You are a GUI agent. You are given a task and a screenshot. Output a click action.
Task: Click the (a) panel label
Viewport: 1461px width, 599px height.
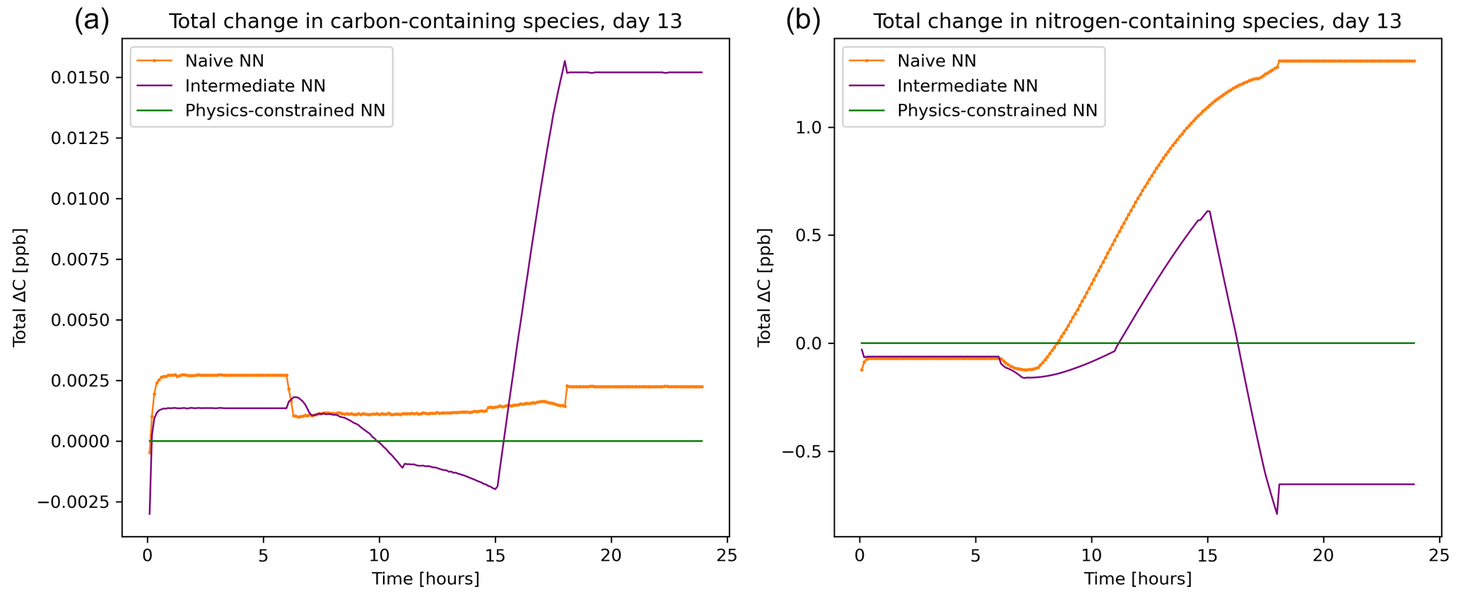pos(92,20)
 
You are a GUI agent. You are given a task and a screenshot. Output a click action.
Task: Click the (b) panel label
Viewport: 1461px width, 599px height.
pos(803,20)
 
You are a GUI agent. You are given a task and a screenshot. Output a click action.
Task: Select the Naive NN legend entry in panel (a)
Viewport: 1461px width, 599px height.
pos(224,61)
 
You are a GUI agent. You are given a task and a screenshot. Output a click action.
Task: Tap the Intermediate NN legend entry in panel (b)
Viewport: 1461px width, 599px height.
pos(967,86)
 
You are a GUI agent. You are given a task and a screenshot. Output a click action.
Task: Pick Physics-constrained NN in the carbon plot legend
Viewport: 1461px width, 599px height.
pos(285,111)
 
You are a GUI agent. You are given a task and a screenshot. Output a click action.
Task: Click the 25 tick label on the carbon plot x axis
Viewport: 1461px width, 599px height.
pos(727,554)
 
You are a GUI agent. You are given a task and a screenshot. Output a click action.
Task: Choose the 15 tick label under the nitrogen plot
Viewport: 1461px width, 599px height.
pos(1207,554)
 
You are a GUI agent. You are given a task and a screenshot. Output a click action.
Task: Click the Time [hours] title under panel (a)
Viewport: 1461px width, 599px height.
pos(426,579)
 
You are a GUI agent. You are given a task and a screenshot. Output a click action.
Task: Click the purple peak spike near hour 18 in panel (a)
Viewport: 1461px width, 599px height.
pos(565,61)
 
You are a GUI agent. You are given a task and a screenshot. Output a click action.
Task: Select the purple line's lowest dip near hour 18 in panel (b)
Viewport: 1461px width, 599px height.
pos(1277,514)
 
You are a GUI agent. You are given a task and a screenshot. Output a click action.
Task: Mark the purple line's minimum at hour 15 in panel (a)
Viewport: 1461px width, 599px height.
pos(495,489)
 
